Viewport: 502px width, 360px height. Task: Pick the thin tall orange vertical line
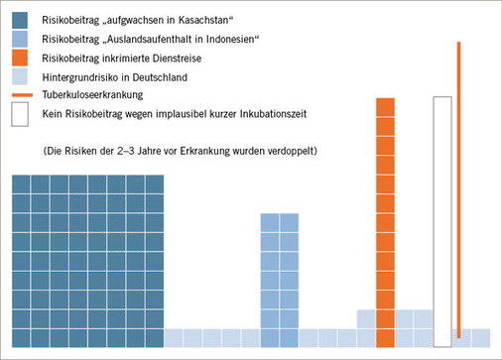click(x=458, y=188)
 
